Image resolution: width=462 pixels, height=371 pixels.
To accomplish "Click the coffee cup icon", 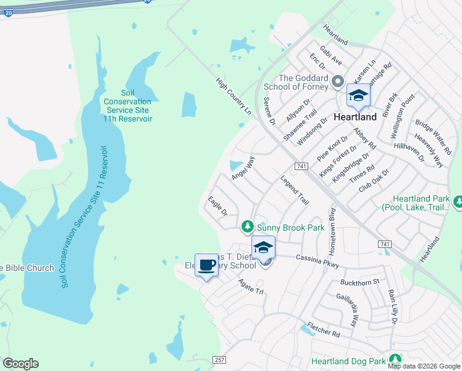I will (x=206, y=265).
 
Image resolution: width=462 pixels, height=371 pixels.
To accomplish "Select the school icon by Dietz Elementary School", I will (x=264, y=247).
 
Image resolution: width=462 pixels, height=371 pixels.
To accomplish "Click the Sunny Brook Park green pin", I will (x=248, y=227).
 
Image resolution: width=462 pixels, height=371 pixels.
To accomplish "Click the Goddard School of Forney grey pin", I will (x=338, y=82).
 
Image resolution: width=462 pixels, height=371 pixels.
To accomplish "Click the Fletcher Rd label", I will (x=324, y=333).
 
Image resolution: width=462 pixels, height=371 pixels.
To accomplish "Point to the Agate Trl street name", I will (x=251, y=286).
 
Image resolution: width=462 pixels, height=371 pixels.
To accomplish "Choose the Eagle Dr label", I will (x=218, y=206).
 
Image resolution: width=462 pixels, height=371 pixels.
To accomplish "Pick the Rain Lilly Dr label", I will (x=392, y=307).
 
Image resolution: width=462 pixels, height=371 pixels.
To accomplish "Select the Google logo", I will (x=20, y=364).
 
